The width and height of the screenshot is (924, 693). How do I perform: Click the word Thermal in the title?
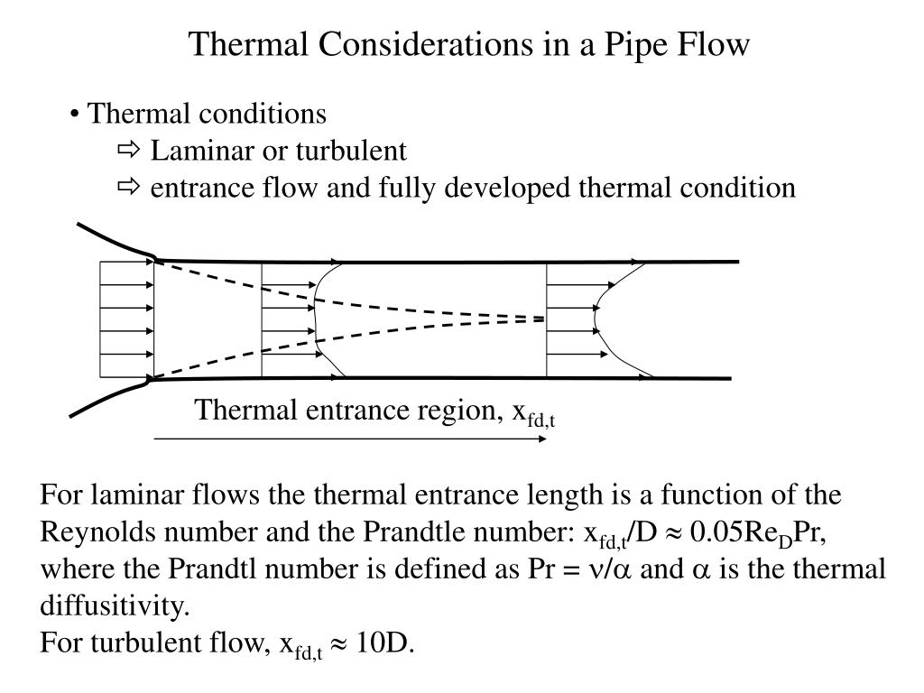pyautogui.click(x=248, y=43)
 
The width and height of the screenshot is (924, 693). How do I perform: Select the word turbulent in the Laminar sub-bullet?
pyautogui.click(x=351, y=151)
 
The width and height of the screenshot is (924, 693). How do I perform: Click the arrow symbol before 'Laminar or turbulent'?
pyautogui.click(x=128, y=151)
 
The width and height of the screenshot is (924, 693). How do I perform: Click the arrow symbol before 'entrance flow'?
pyautogui.click(x=128, y=188)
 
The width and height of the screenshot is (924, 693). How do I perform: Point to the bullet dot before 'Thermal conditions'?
pyautogui.click(x=74, y=115)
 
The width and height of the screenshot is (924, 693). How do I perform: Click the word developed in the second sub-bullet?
pyautogui.click(x=507, y=189)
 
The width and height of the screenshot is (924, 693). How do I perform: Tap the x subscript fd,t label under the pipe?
pyautogui.click(x=533, y=413)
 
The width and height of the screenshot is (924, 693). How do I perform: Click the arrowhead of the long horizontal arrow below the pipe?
pyautogui.click(x=542, y=439)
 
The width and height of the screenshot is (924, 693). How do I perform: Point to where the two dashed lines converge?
pyautogui.click(x=543, y=319)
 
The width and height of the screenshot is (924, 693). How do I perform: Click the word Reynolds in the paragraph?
pyautogui.click(x=97, y=532)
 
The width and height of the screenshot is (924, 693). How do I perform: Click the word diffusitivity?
pyautogui.click(x=115, y=605)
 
